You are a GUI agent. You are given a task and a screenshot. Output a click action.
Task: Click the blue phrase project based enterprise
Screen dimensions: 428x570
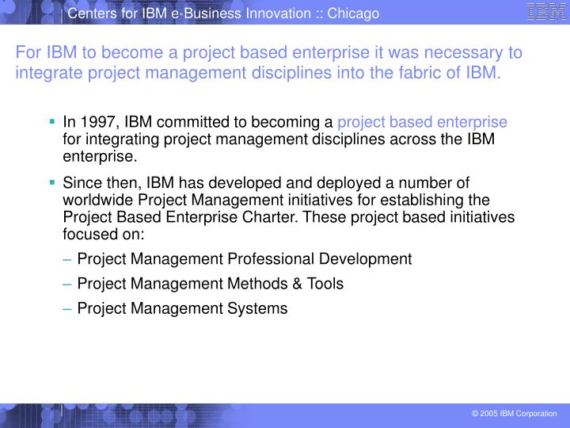pos(422,122)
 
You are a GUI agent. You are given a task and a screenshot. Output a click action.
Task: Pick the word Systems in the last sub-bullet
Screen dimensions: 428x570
pos(258,308)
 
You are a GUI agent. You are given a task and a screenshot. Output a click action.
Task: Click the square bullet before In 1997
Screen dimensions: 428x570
pos(52,122)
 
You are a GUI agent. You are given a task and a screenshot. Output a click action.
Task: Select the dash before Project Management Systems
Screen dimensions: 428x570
pos(68,308)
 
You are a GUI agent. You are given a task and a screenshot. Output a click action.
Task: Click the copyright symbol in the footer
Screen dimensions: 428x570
pos(474,415)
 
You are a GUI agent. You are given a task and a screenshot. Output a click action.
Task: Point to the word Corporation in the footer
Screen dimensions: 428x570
pos(537,415)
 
